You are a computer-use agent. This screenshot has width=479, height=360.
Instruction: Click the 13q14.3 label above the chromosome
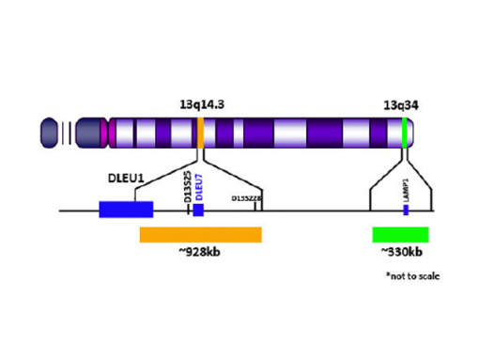point(201,105)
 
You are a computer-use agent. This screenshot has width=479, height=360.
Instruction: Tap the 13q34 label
point(401,105)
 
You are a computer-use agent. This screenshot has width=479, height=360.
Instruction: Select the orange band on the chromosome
point(201,133)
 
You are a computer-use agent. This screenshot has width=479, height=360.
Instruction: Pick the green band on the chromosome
point(404,133)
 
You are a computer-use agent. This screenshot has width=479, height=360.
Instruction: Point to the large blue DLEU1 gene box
point(126,210)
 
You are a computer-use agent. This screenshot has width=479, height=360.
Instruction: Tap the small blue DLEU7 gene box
point(198,210)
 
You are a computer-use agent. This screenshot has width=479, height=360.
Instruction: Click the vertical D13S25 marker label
point(187,185)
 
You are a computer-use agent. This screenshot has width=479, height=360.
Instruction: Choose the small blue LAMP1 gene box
point(406,210)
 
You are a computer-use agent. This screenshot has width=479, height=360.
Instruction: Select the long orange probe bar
point(200,235)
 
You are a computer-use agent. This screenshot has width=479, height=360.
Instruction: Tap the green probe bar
point(400,235)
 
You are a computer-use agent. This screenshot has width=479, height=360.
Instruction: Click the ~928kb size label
point(200,254)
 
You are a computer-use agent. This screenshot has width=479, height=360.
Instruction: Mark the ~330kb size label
point(401,254)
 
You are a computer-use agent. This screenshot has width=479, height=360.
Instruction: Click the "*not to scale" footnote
point(412,276)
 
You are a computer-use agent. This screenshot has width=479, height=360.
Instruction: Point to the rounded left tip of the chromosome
point(48,133)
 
